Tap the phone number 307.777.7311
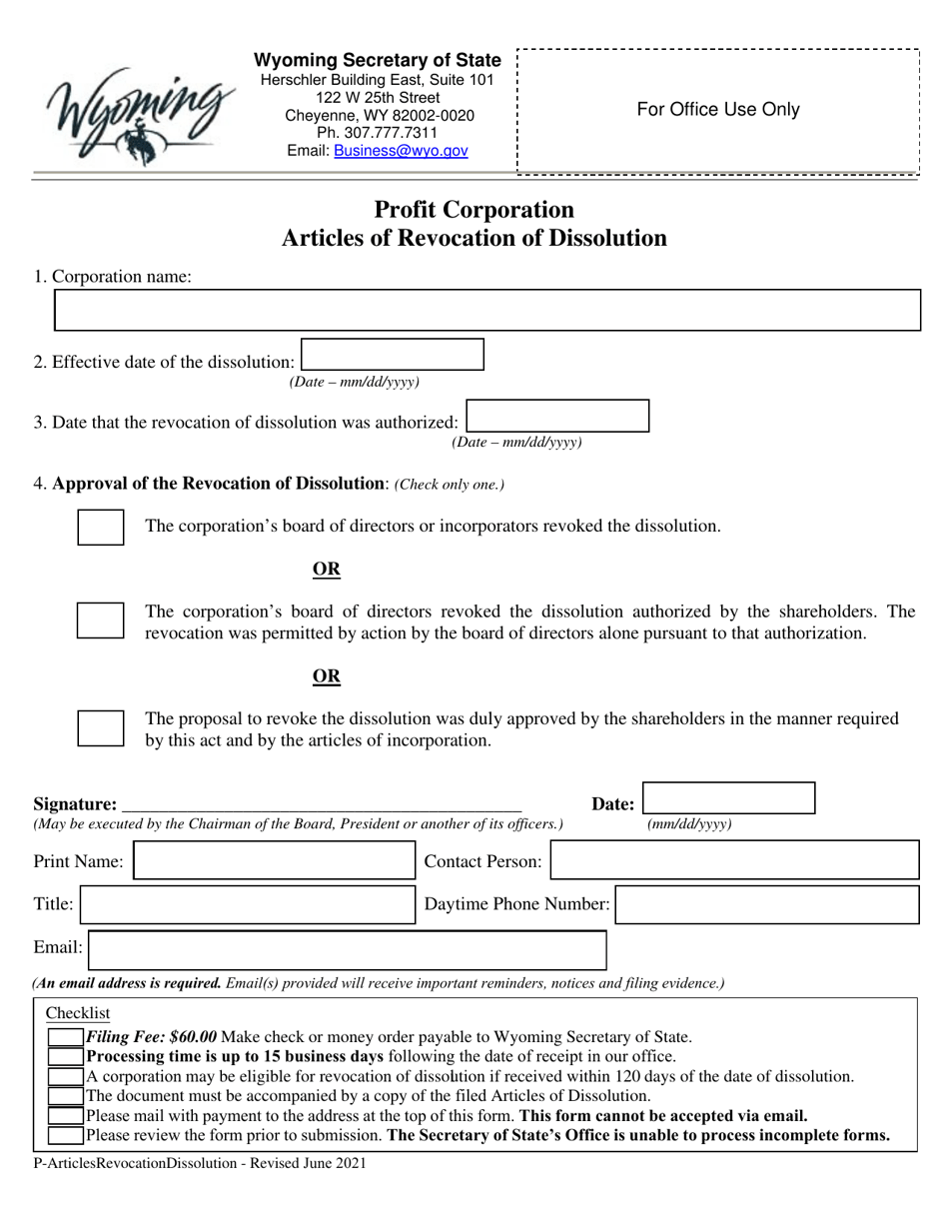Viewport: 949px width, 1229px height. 377,133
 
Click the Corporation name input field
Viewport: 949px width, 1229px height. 485,311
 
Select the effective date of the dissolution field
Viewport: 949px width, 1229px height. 393,355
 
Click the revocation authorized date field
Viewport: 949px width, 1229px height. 557,416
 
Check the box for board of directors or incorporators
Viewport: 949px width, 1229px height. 101,527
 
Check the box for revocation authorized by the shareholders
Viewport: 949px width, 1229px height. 101,620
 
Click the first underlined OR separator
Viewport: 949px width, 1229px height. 327,570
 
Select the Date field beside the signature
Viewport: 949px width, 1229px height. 728,798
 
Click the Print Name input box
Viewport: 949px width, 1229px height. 274,860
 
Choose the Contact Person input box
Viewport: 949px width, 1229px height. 734,860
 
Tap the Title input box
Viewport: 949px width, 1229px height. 247,905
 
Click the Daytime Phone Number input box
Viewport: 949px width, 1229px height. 766,905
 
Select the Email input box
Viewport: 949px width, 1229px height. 348,950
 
